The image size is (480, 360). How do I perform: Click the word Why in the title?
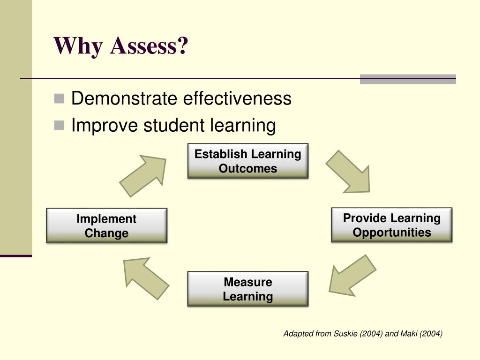coord(78,46)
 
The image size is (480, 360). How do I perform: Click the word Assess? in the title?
coord(149,46)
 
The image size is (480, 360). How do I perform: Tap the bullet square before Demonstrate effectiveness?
coord(59,98)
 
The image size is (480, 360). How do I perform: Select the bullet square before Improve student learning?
coord(59,125)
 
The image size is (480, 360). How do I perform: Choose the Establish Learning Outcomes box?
coord(248,161)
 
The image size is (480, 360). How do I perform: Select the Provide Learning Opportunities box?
coord(391,225)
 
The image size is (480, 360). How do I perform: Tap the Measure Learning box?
coord(248,289)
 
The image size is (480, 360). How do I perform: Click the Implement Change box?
coord(106,226)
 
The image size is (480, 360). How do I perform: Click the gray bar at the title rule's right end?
coord(408,79)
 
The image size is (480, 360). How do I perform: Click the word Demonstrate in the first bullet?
coord(124,99)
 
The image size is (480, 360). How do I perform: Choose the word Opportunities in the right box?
coord(391,232)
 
